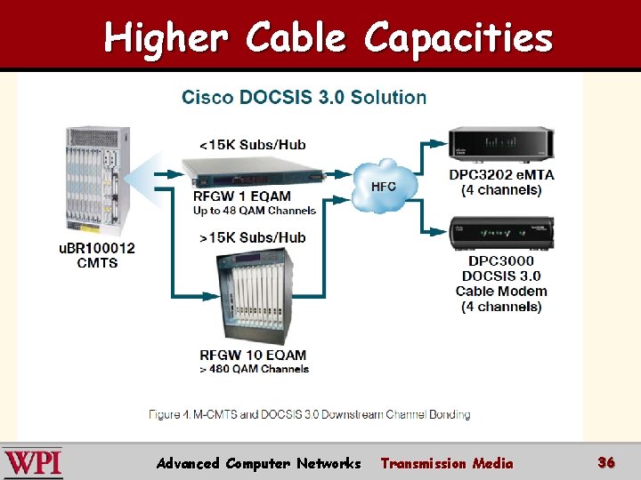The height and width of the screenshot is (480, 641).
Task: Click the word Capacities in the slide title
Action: pos(458,38)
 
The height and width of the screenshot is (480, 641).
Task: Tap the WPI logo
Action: pos(33,463)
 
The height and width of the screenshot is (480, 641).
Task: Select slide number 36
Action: pos(606,462)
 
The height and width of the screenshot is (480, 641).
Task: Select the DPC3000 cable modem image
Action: pos(501,232)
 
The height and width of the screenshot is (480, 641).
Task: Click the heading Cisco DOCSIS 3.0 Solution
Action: pos(304,97)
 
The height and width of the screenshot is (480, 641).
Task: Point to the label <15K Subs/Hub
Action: pos(252,144)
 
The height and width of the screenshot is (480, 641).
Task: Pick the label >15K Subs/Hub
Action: pos(253,237)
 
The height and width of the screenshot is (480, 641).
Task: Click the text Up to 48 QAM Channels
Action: pos(255,211)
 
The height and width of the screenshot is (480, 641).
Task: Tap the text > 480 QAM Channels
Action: pos(255,369)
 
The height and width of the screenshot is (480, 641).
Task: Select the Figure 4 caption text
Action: pos(309,414)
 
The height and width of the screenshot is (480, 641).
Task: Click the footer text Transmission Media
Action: pos(447,463)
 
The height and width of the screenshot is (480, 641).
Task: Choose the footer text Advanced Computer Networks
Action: pos(258,463)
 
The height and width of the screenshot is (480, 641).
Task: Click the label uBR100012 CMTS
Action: pos(97,255)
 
